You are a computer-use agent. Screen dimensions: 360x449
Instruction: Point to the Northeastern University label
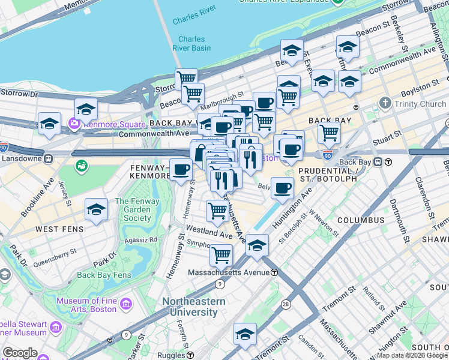tap(197, 307)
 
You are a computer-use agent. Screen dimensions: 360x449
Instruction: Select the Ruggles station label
tap(174, 355)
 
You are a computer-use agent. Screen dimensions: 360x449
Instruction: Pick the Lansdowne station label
tap(23, 158)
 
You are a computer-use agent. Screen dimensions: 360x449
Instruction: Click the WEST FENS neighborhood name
tap(55, 229)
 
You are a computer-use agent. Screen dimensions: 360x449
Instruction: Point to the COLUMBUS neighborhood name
tap(360, 220)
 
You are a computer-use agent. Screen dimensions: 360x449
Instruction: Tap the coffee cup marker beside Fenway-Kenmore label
tap(181, 169)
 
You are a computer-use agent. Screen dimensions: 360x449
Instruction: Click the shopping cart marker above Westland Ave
tap(217, 211)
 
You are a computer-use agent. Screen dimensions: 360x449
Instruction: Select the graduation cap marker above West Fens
tap(96, 210)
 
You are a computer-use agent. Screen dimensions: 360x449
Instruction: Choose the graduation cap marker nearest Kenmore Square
tap(86, 110)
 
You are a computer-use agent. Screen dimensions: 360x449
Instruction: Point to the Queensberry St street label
tap(55, 262)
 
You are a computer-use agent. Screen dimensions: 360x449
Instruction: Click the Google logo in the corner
tap(20, 353)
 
